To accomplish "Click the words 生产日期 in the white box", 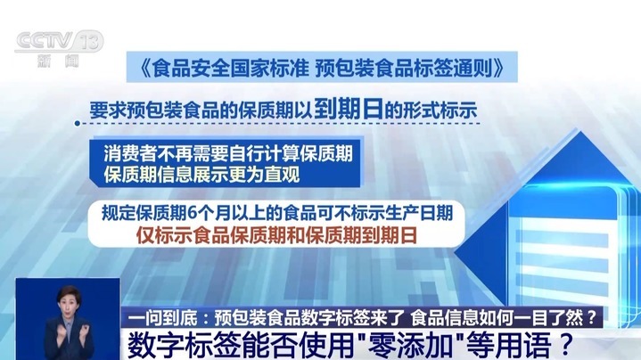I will (423, 214).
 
